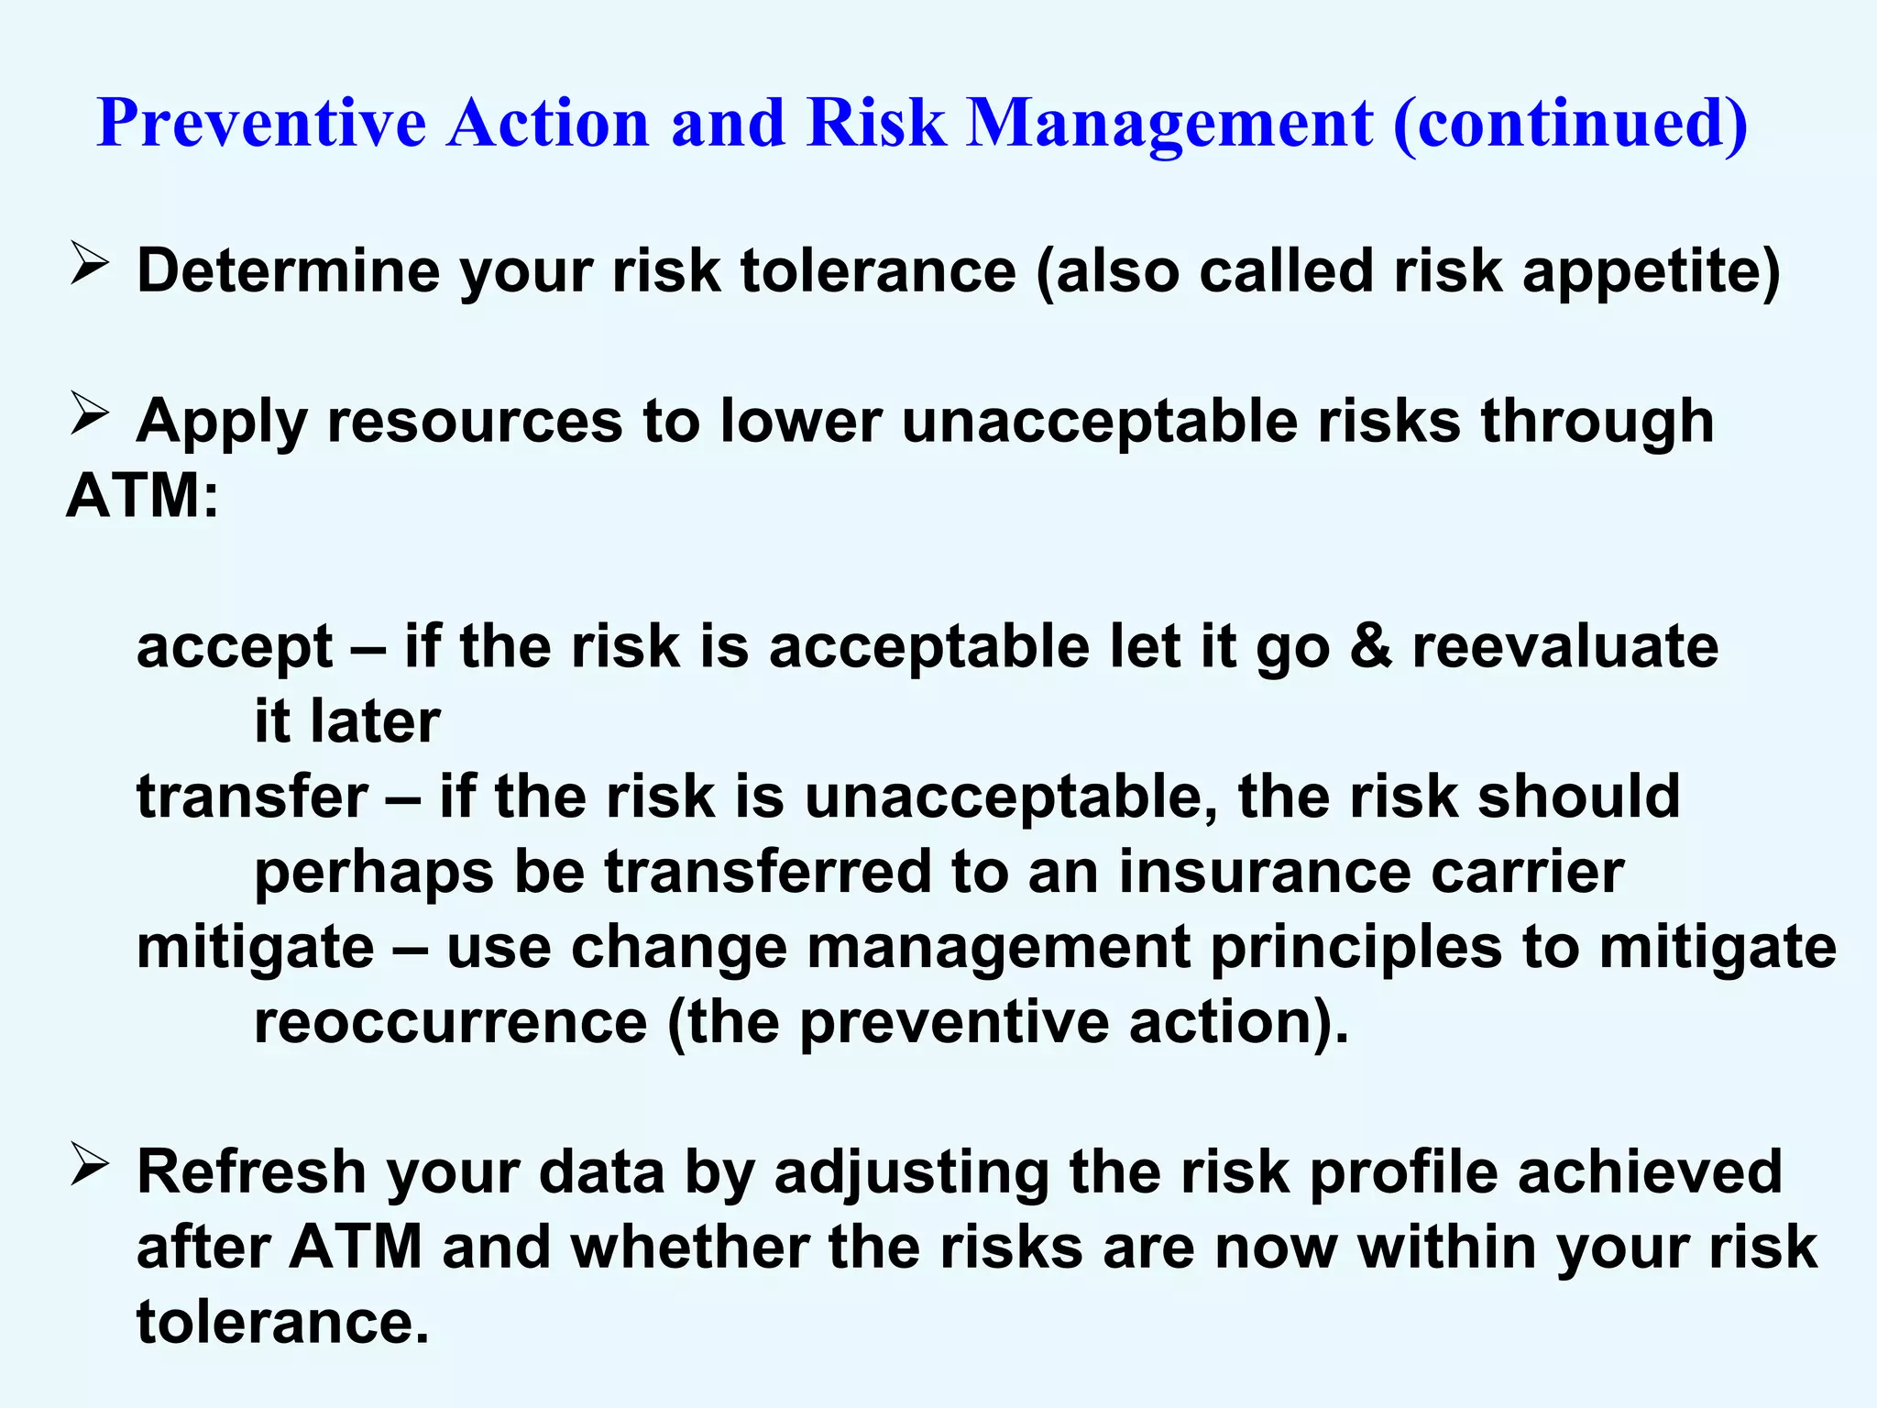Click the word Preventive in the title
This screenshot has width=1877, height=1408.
pos(262,123)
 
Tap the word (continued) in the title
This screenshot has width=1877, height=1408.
pos(1570,123)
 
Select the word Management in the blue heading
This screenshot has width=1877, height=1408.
pos(1170,123)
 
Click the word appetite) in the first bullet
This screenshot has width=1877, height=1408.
pos(1651,272)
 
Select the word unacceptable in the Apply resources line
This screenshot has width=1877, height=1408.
pos(1099,422)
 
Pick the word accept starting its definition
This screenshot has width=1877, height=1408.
pos(235,647)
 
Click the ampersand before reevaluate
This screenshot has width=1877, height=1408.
pos(1371,647)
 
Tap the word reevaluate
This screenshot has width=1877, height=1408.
pos(1565,647)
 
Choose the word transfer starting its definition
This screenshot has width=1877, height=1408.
pos(252,797)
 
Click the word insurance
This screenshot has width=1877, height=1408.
pos(1264,872)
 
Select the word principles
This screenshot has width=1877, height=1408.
pos(1356,948)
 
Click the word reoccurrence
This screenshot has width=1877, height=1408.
pos(450,1022)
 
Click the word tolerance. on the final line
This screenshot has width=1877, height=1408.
pos(283,1323)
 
